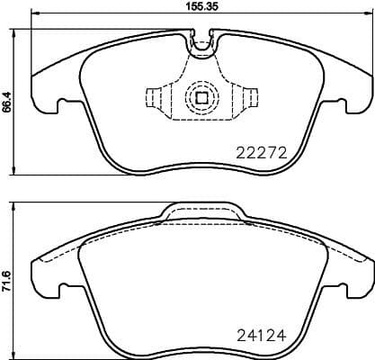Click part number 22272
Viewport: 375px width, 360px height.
coord(260,154)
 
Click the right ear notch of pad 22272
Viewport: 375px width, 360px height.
coord(341,104)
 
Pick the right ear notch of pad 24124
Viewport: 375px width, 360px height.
coord(341,290)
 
